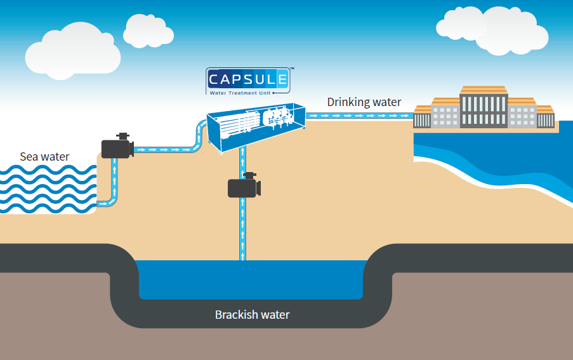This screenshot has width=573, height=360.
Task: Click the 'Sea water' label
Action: pos(44,156)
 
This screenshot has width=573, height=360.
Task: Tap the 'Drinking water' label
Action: pos(364,102)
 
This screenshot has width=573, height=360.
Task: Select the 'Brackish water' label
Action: pos(252,314)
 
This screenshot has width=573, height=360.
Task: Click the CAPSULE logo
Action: pos(248,80)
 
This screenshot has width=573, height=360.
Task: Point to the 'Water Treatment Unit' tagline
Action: pos(244,91)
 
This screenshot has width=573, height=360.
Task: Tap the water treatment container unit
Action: pos(254,127)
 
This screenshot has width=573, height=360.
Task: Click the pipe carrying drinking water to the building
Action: pos(359,116)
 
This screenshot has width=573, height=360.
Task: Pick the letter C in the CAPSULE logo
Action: pos(216,81)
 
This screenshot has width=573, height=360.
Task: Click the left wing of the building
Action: pos(444,114)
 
